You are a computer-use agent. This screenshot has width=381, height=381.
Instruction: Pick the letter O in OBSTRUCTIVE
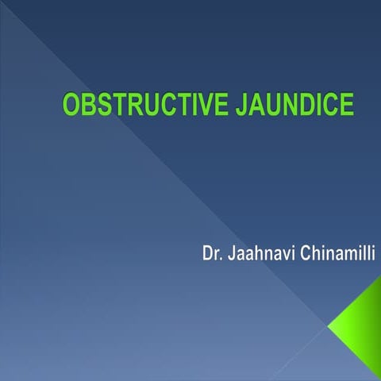(71, 106)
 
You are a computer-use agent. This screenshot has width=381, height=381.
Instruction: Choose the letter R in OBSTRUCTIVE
(133, 106)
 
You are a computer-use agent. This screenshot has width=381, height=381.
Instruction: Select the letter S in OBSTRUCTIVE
(102, 106)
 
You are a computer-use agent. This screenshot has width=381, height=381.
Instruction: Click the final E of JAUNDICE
(345, 106)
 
